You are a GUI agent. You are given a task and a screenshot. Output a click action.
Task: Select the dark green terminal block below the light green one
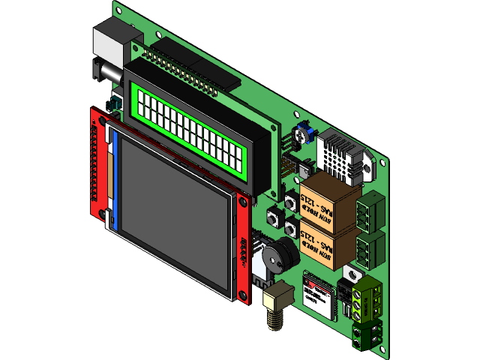(368, 334)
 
